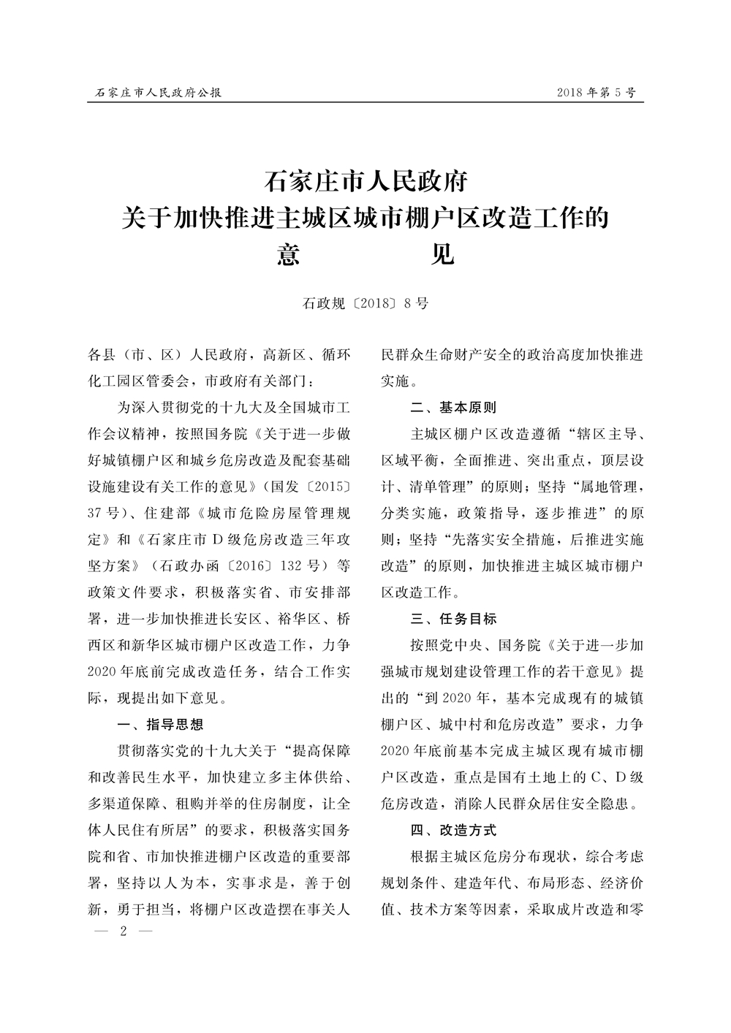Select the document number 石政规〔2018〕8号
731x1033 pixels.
365,303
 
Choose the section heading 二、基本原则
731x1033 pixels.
453,407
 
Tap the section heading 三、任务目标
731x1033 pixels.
453,619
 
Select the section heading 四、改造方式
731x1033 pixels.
453,830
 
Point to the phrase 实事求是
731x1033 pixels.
262,883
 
